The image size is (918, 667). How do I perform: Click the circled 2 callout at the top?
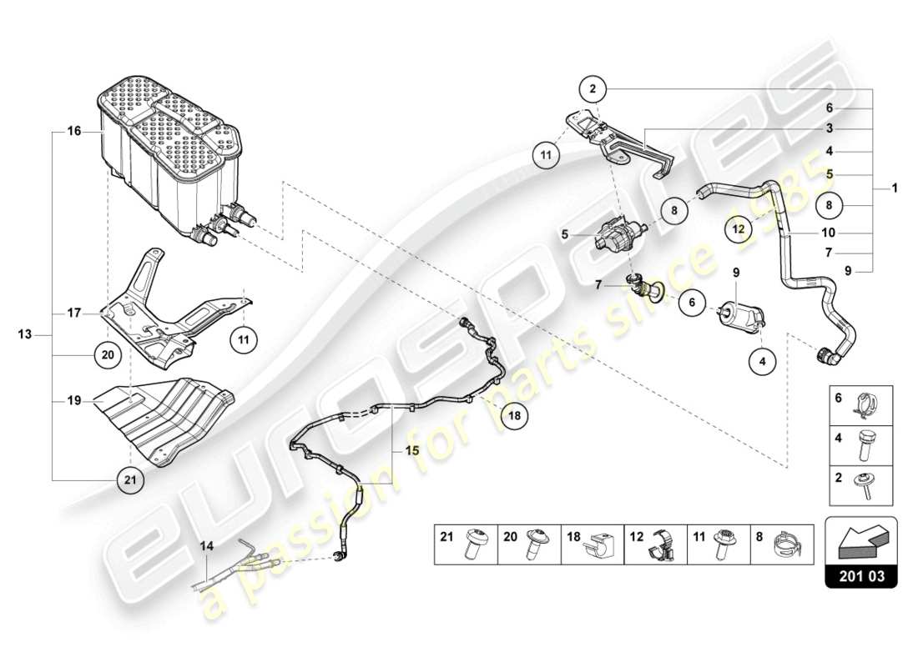[x=592, y=88]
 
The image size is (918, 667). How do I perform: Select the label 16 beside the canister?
[x=74, y=132]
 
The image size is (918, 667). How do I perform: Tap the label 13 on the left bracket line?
[x=25, y=334]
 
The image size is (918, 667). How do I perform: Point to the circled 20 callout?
[x=107, y=354]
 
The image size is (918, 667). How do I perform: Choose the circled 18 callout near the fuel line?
[x=515, y=414]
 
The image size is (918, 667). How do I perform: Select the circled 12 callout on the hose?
[x=738, y=227]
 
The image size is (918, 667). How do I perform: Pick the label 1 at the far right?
[x=894, y=188]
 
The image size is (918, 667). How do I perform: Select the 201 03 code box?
[x=861, y=574]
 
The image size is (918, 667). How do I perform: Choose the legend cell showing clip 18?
[x=593, y=545]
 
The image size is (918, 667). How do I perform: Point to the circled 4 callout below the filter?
[x=762, y=362]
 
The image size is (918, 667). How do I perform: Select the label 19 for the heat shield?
[x=74, y=401]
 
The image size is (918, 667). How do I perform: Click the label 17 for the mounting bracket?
[x=74, y=313]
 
